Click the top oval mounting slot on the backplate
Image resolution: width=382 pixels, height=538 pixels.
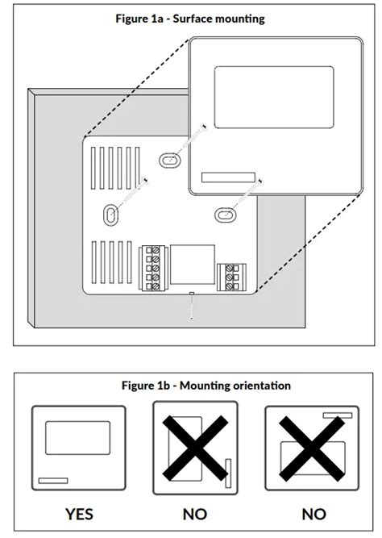pyautogui.click(x=169, y=161)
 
